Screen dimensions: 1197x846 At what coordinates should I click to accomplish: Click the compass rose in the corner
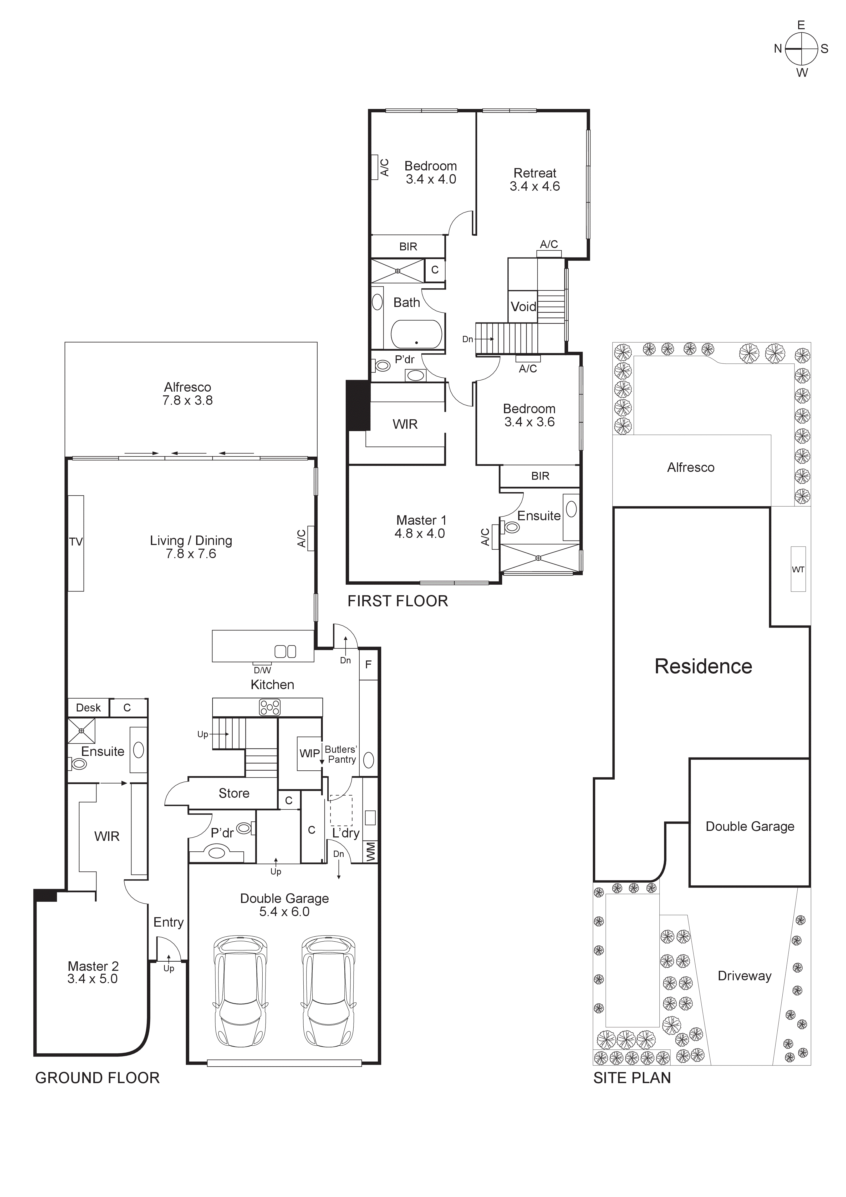click(x=801, y=48)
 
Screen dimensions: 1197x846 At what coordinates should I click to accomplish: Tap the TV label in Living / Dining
click(x=76, y=542)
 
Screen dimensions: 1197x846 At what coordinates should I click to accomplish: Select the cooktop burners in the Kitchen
click(x=269, y=708)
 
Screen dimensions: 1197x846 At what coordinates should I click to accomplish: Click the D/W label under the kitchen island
click(x=262, y=670)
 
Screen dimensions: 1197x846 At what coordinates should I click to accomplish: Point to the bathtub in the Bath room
click(x=416, y=334)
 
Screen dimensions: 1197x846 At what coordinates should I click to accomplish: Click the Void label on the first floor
click(x=523, y=307)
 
